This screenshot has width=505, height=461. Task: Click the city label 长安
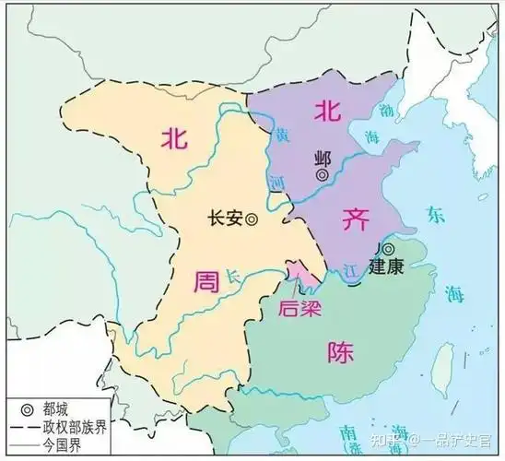226,219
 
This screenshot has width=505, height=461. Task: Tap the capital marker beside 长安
252,219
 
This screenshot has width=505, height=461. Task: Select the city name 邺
322,156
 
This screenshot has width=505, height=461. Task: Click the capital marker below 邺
323,173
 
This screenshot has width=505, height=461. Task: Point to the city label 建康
386,268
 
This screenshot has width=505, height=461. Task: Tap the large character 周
205,281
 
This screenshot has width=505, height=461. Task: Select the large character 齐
354,219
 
